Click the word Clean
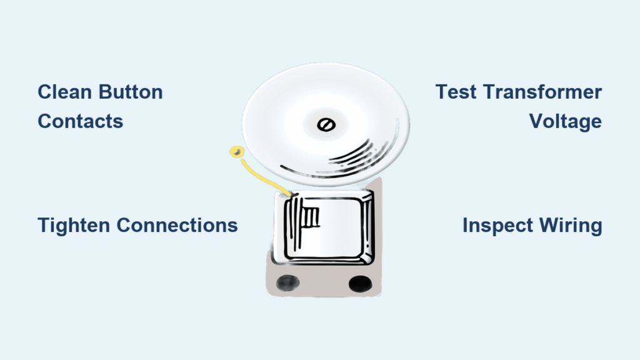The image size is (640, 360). [x=65, y=92]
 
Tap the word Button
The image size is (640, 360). [x=131, y=92]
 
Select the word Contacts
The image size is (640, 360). [x=81, y=121]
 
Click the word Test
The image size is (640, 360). [x=456, y=92]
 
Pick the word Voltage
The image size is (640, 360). [x=565, y=122]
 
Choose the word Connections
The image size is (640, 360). [x=177, y=225]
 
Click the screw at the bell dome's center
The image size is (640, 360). [x=326, y=125]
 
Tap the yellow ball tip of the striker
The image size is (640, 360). [x=237, y=152]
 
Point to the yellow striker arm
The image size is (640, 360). [x=264, y=177]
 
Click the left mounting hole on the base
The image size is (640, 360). [x=287, y=282]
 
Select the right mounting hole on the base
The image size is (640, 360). [x=361, y=283]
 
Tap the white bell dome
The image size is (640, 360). [x=326, y=125]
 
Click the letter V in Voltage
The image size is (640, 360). [x=537, y=121]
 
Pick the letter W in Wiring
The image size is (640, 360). [x=550, y=225]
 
